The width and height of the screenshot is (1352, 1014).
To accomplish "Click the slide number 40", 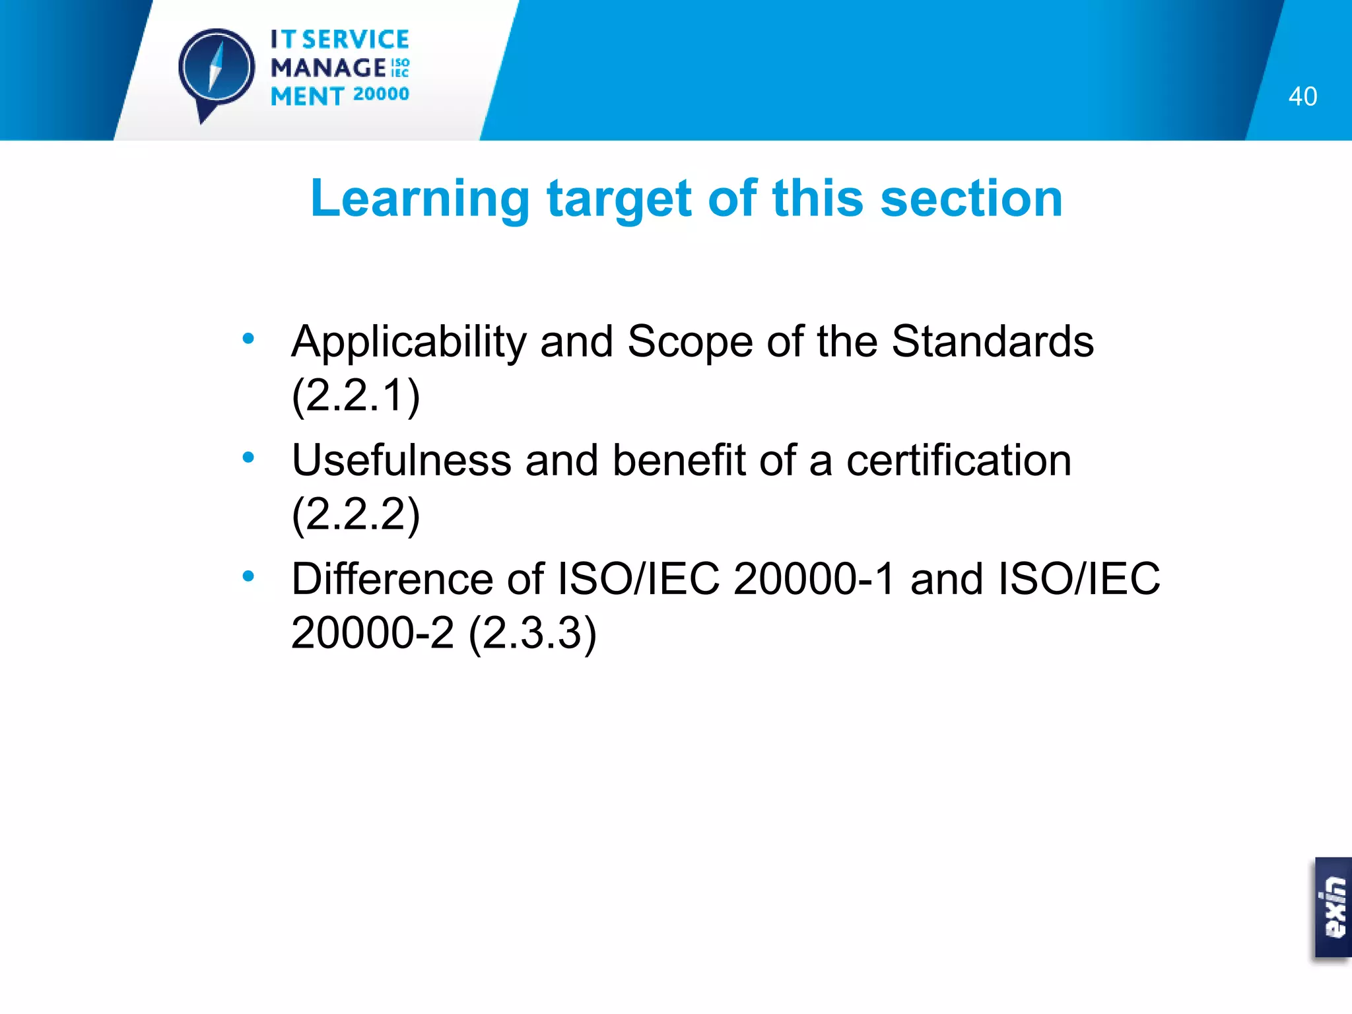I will click(x=1302, y=96).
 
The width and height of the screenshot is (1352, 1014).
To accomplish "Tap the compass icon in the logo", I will click(x=216, y=69).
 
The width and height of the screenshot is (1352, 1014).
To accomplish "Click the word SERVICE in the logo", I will click(x=356, y=40).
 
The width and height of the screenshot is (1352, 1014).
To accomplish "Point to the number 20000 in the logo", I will click(x=381, y=94).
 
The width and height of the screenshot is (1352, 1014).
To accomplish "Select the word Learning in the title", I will click(x=420, y=199).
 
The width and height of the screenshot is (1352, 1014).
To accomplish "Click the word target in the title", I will click(x=619, y=199).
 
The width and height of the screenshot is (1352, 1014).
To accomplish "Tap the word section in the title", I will click(x=971, y=199).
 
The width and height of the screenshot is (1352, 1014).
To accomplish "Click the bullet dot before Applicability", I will click(x=248, y=339).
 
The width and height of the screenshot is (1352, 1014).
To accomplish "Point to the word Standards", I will click(x=992, y=342).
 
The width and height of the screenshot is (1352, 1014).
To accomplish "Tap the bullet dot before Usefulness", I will click(x=248, y=457).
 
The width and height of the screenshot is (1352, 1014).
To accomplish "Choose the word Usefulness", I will click(x=401, y=460).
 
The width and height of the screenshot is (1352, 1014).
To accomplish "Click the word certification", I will click(x=959, y=460).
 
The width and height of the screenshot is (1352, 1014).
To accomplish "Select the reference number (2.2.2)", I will click(x=356, y=514).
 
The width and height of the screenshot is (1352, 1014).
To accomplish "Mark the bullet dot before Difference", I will click(x=248, y=576).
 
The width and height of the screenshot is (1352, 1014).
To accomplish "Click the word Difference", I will click(x=392, y=579).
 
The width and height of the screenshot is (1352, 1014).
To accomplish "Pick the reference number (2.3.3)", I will click(x=532, y=633).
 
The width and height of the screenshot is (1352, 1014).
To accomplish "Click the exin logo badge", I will click(x=1332, y=908).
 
